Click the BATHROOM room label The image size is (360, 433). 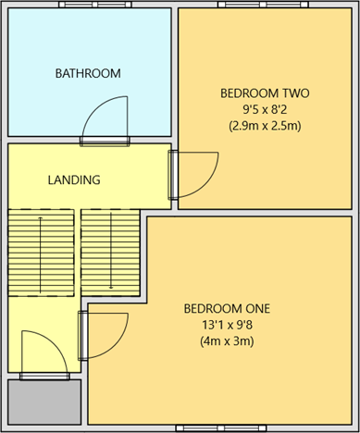[x=88, y=73]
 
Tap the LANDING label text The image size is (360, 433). [x=74, y=179]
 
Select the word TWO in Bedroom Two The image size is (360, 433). [x=292, y=93]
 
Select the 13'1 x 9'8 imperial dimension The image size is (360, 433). [x=227, y=325]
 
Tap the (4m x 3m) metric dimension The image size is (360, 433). [x=227, y=341]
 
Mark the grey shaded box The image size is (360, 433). [x=44, y=401]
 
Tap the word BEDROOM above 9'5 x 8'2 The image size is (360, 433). [x=248, y=93]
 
